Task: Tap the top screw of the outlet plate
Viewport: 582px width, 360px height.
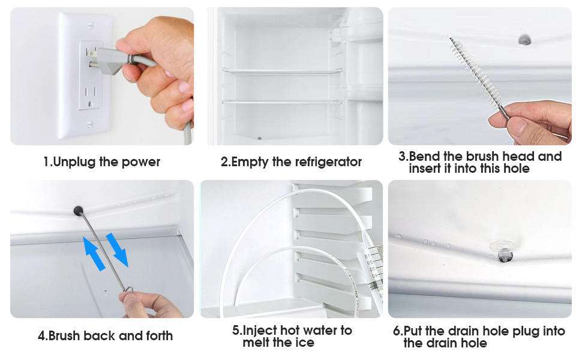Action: pos(90,26)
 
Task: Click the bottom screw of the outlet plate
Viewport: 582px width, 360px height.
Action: pos(90,124)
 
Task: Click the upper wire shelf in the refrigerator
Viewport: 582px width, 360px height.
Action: pos(282,71)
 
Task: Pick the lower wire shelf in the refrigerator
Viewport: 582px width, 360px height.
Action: pos(282,101)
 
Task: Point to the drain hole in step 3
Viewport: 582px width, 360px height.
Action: pos(524,40)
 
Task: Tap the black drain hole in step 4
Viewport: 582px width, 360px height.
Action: pos(79,211)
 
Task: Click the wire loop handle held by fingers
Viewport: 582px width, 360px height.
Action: pos(128,290)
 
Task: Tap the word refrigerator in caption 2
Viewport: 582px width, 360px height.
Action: pos(328,162)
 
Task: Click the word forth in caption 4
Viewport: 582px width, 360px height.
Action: pos(159,335)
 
